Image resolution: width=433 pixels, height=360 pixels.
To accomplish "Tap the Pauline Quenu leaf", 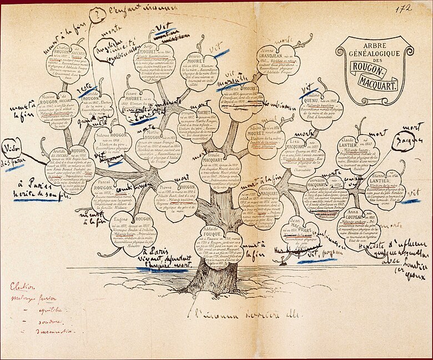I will click(x=320, y=108).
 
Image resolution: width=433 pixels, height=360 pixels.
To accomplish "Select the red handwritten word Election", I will click(x=23, y=287).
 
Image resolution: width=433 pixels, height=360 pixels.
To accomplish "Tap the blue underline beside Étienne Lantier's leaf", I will click(x=411, y=201).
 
